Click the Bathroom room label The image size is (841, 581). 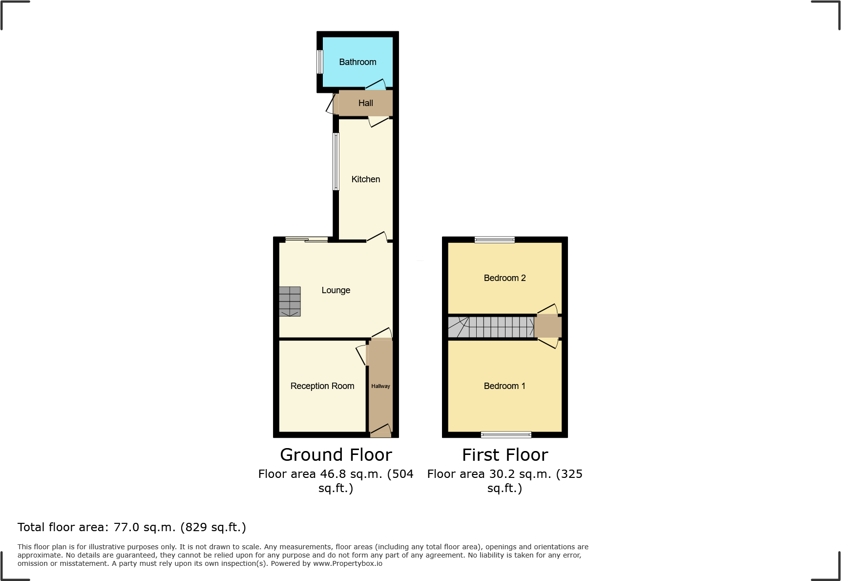coord(357,62)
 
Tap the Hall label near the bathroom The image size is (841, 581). coord(365,103)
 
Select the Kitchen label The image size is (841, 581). coord(365,179)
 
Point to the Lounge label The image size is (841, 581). coord(336,290)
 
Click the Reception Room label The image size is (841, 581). coord(322,386)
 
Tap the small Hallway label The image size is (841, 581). coord(380,386)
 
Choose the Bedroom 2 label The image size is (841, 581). coord(505,278)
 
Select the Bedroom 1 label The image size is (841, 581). coord(505,386)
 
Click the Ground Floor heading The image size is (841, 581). coord(336,455)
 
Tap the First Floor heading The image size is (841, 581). coord(505,455)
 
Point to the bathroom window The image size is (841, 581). coord(320,62)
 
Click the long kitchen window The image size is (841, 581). coord(336,161)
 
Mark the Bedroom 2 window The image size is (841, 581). coord(495,239)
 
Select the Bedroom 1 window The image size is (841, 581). coord(506,434)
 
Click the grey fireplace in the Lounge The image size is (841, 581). coord(290,301)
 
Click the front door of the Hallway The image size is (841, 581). coord(380,431)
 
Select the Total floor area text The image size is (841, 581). coord(132,527)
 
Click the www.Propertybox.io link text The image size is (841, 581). coord(348,563)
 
